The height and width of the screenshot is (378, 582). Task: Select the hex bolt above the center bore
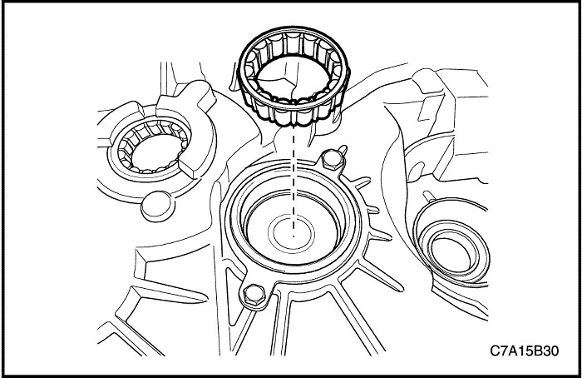[334, 157]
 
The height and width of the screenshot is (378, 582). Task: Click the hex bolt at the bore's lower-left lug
[252, 293]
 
